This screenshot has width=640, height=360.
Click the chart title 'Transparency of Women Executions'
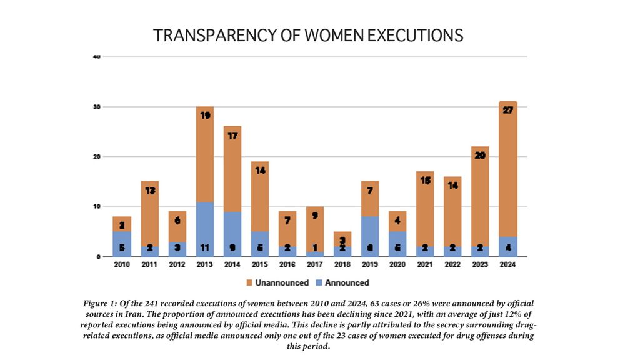pyautogui.click(x=308, y=36)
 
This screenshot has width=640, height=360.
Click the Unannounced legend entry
pyautogui.click(x=279, y=282)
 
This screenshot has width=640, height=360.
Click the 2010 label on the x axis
pyautogui.click(x=122, y=265)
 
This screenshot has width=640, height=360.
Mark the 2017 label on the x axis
pyautogui.click(x=314, y=265)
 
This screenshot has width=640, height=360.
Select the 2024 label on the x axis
pyautogui.click(x=507, y=265)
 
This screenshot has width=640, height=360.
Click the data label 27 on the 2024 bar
pyautogui.click(x=507, y=111)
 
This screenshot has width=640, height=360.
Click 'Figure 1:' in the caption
pyautogui.click(x=99, y=303)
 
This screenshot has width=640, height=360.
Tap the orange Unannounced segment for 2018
pyautogui.click(x=342, y=239)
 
